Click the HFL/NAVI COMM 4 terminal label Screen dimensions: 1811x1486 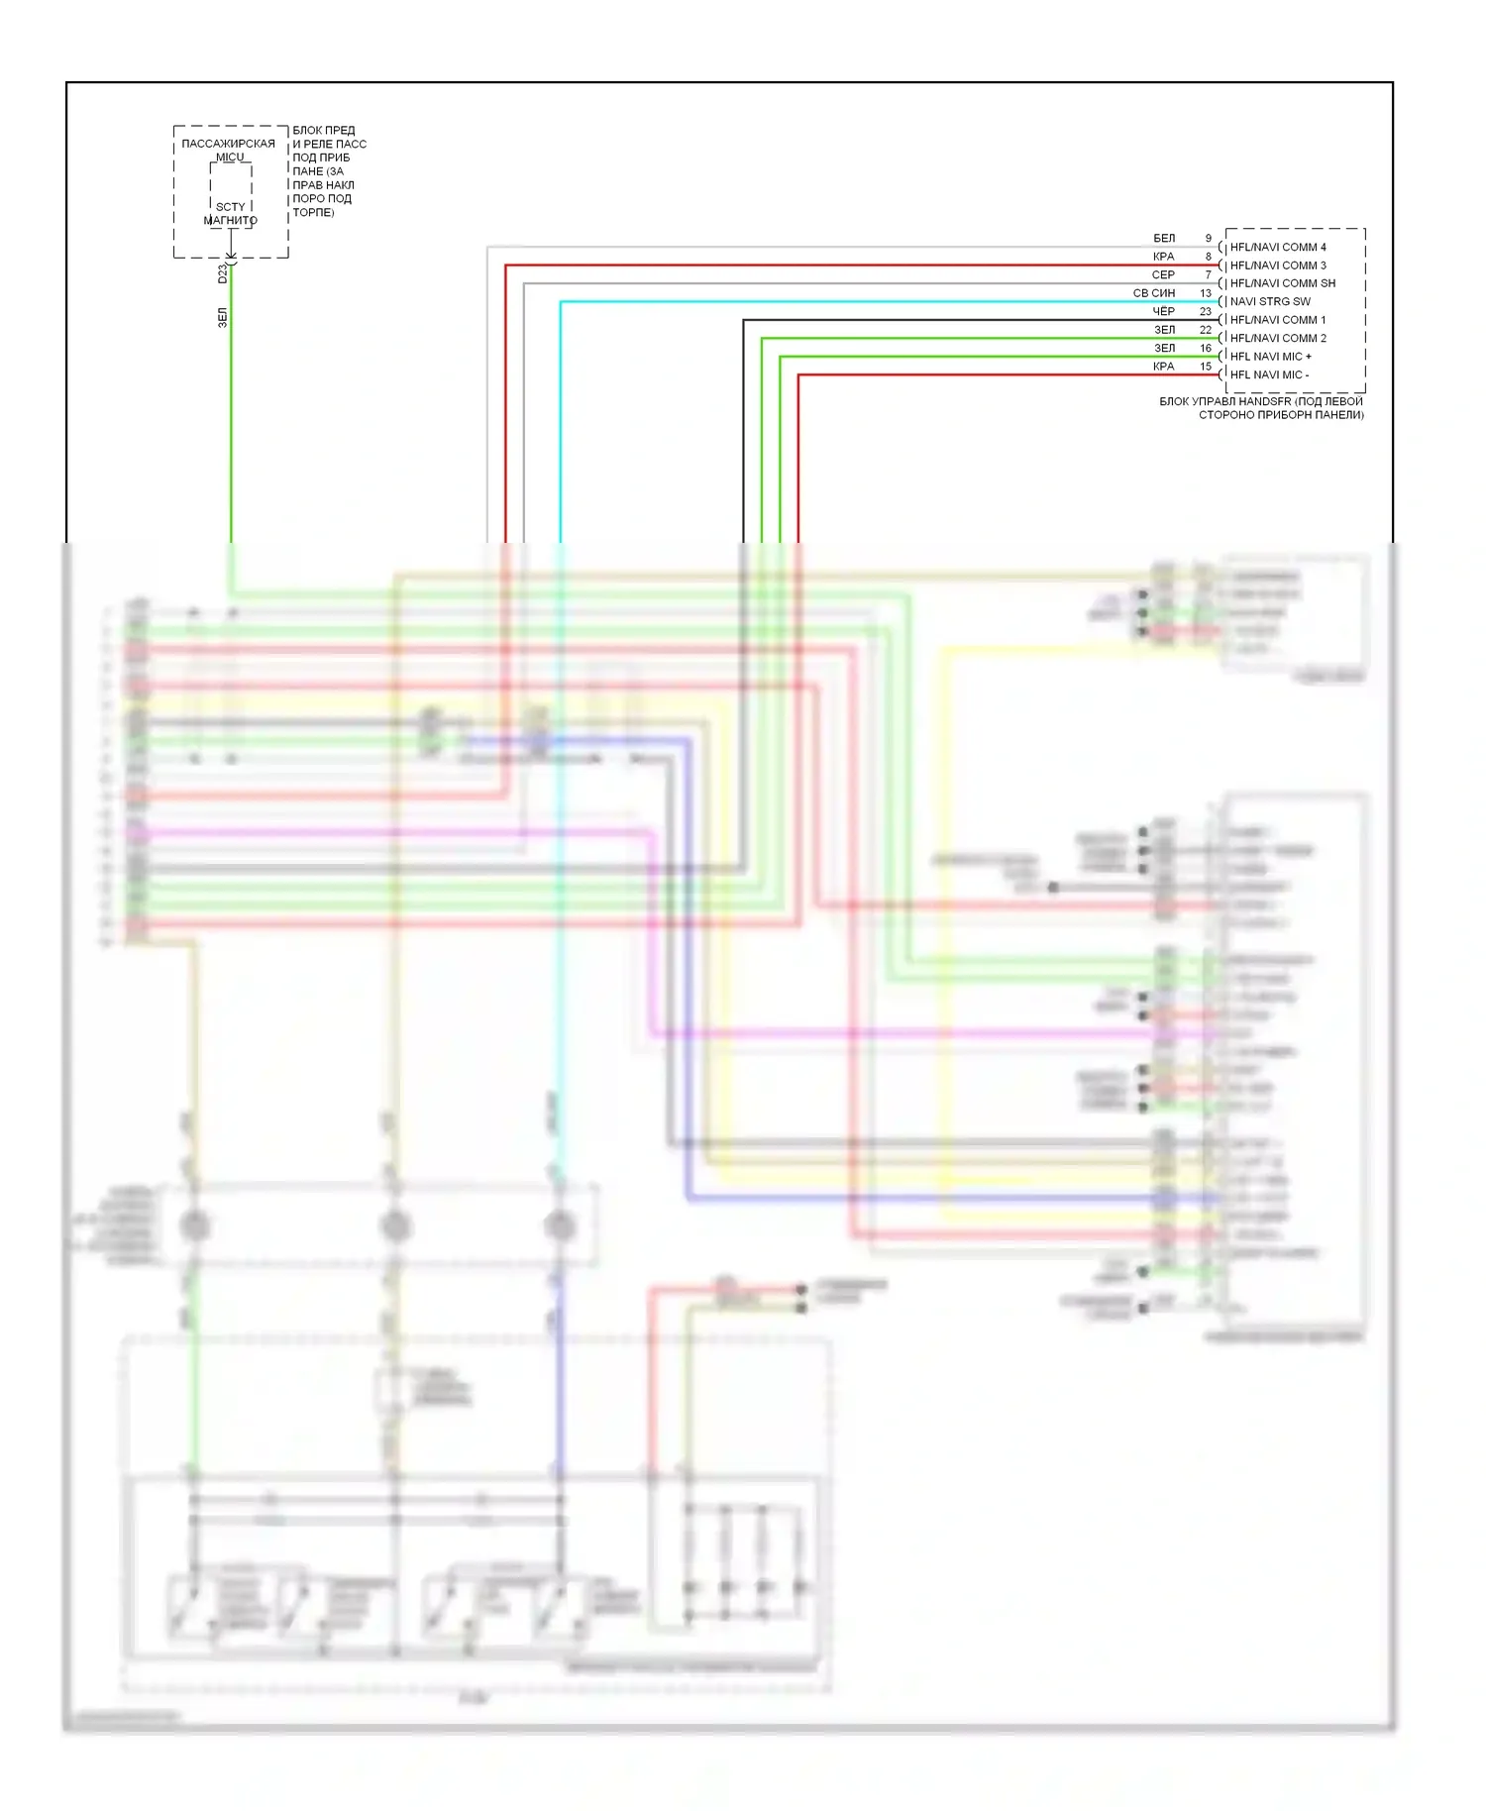click(x=1277, y=247)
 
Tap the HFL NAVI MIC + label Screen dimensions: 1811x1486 click(x=1270, y=356)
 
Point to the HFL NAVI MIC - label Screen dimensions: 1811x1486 click(x=1268, y=374)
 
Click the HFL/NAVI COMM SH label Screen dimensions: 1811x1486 click(x=1282, y=283)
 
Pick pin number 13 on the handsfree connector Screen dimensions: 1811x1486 click(x=1205, y=293)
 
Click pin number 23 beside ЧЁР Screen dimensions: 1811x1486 click(x=1205, y=311)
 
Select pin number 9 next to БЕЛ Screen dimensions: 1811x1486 click(x=1208, y=239)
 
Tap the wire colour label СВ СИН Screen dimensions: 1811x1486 click(x=1153, y=293)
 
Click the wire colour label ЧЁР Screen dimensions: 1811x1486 click(x=1163, y=311)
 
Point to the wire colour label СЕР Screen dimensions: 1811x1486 click(x=1163, y=274)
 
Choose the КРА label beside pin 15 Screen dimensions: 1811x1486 click(x=1163, y=367)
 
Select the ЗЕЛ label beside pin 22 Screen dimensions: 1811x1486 click(x=1164, y=330)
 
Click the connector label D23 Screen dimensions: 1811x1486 click(x=223, y=273)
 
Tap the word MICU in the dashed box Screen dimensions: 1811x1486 click(x=230, y=157)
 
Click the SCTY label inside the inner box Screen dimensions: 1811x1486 click(x=230, y=207)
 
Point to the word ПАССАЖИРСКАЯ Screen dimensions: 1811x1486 click(x=228, y=144)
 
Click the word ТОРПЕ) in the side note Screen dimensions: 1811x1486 click(x=313, y=212)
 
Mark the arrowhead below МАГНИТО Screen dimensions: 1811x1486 click(x=231, y=256)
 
